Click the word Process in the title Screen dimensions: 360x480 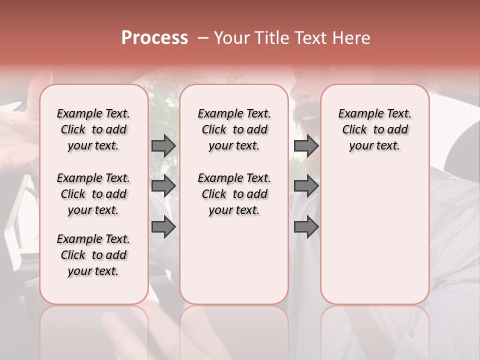click(x=154, y=38)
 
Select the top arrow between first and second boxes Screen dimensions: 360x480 click(x=163, y=145)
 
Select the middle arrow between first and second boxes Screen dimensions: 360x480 click(x=163, y=186)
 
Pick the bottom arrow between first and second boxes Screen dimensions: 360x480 click(x=163, y=227)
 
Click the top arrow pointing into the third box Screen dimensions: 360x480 click(x=306, y=145)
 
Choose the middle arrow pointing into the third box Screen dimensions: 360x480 click(x=306, y=186)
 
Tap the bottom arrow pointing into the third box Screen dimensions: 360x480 click(x=306, y=227)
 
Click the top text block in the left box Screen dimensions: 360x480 click(x=93, y=129)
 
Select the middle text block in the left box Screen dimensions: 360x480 click(x=93, y=194)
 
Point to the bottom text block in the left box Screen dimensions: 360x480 click(x=93, y=255)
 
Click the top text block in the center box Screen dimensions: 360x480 click(x=234, y=129)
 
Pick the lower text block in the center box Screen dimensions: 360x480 click(x=234, y=194)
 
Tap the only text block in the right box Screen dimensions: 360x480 click(x=375, y=129)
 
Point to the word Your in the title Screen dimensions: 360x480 click(x=231, y=38)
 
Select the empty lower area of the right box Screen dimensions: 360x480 click(x=375, y=235)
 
